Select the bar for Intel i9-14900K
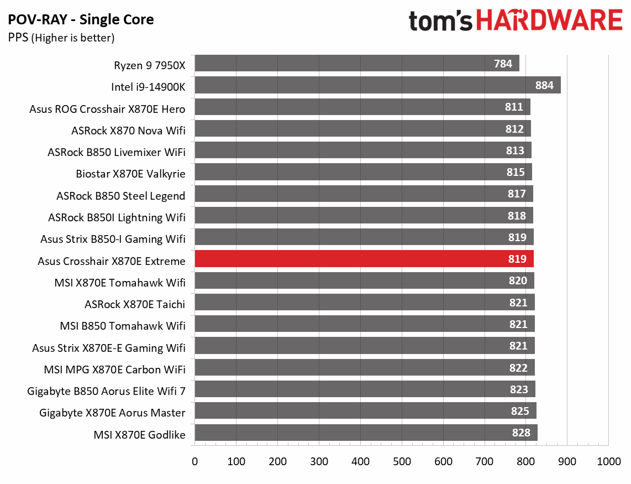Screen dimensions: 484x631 [x=377, y=86]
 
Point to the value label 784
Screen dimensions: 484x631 [x=503, y=64]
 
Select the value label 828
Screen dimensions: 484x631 [x=521, y=433]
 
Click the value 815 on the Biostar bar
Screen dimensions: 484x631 [x=516, y=173]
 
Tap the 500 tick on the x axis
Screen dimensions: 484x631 [x=402, y=462]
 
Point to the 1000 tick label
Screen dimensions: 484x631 [x=608, y=462]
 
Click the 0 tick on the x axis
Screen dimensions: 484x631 [x=194, y=462]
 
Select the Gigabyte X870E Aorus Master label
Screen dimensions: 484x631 [x=112, y=413]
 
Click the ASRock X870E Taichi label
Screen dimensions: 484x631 [x=135, y=304]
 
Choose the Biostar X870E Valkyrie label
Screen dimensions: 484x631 [x=130, y=174]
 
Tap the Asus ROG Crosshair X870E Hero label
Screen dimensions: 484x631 [x=107, y=109]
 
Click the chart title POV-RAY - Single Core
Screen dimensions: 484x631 [x=81, y=20]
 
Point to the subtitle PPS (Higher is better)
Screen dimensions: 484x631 [x=61, y=38]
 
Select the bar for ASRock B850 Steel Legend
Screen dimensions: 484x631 [x=364, y=194]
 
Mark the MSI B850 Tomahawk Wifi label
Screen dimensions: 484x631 [x=123, y=326]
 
